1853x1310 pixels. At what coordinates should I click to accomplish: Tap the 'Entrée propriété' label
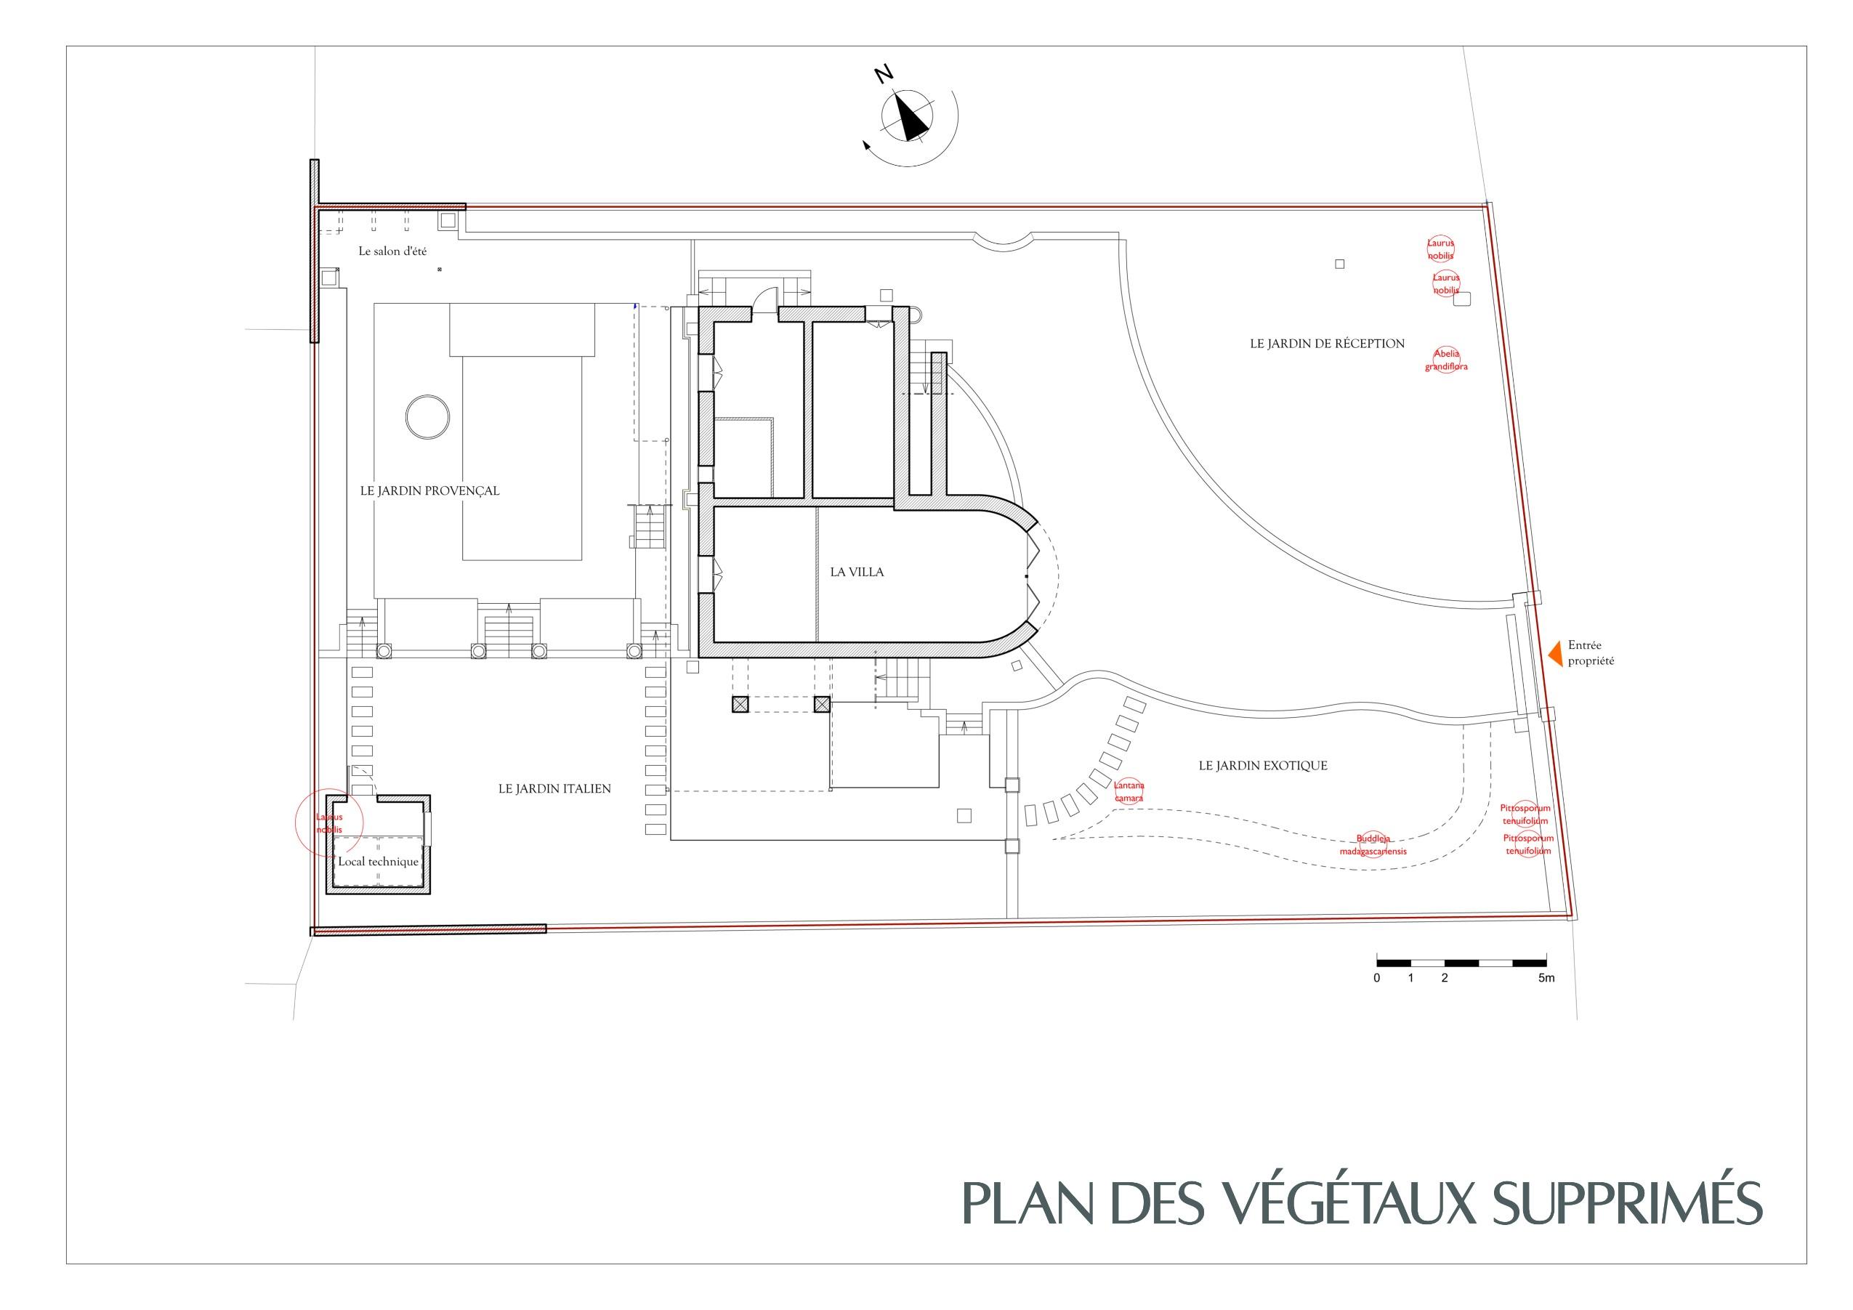[x=1591, y=653]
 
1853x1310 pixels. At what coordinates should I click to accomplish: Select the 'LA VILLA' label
[x=857, y=573]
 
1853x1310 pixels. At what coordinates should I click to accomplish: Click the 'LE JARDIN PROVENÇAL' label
[x=429, y=490]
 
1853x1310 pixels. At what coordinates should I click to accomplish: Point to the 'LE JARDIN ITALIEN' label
[x=554, y=788]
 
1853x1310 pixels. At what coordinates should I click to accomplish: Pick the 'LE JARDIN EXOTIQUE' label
[x=1263, y=766]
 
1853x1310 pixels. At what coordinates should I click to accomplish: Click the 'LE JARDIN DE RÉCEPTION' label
[x=1328, y=344]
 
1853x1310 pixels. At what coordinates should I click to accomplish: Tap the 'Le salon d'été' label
[x=393, y=251]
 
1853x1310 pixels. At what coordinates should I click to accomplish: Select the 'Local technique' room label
[x=379, y=861]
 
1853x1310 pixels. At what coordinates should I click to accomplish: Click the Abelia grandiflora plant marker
[x=1446, y=360]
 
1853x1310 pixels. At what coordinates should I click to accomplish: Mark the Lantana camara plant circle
[x=1129, y=792]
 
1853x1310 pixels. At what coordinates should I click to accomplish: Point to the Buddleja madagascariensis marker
[x=1373, y=845]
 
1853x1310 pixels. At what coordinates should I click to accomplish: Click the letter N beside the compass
[x=884, y=75]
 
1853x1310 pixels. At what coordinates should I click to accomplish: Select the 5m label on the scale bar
[x=1546, y=978]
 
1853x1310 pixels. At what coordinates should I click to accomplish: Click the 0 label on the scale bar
[x=1377, y=978]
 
